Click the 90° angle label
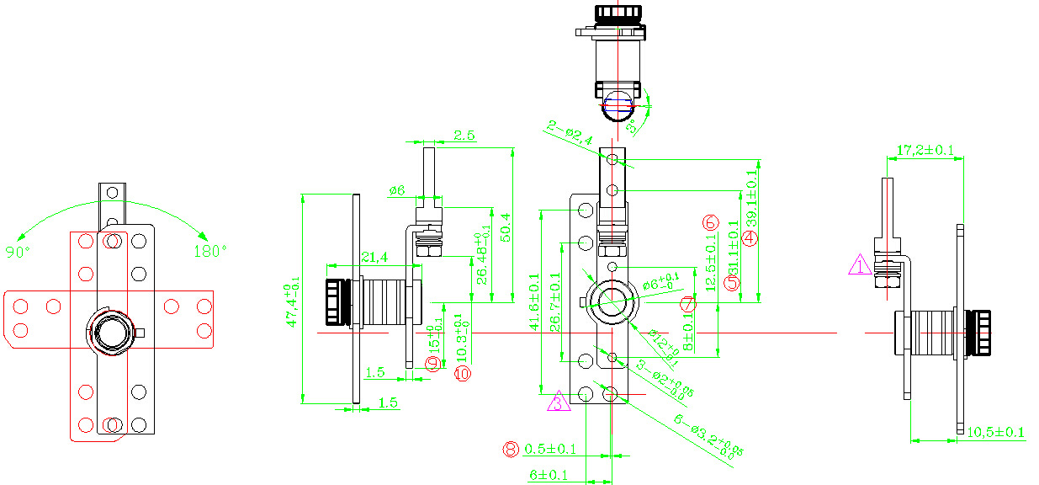pyautogui.click(x=19, y=252)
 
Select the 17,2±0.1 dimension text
pyautogui.click(x=925, y=150)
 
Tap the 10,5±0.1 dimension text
pyautogui.click(x=995, y=433)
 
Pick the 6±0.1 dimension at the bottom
pyautogui.click(x=549, y=476)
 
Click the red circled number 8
pyautogui.click(x=511, y=449)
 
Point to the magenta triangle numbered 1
pyautogui.click(x=859, y=266)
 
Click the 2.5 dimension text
pyautogui.click(x=464, y=135)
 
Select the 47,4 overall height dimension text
pyautogui.click(x=292, y=299)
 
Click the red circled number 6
pyautogui.click(x=710, y=222)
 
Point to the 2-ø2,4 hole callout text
pyautogui.click(x=570, y=134)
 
